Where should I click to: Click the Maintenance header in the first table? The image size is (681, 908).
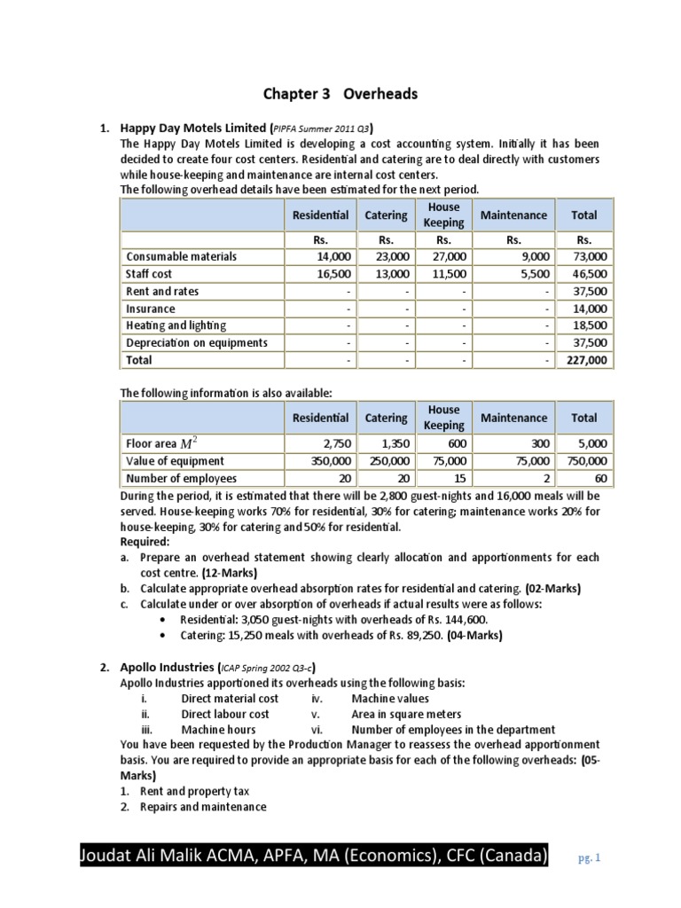tap(513, 215)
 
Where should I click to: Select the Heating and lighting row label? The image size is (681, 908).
tap(176, 325)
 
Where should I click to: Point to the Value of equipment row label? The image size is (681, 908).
tap(176, 461)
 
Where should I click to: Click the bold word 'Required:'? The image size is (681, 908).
tap(145, 540)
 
